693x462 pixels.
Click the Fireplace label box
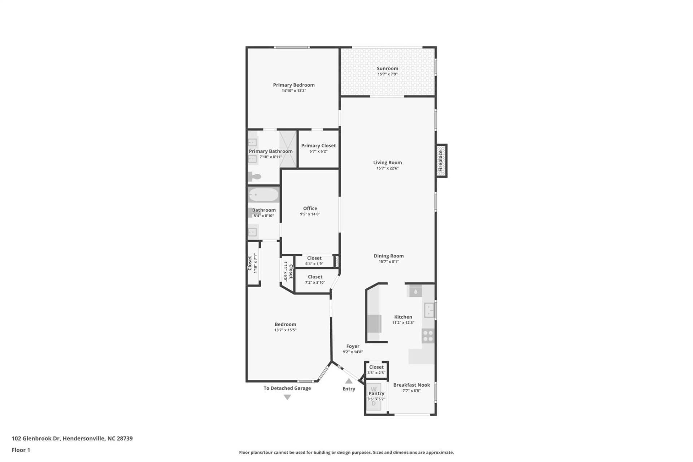coord(441,161)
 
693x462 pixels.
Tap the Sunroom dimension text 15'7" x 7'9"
coord(387,74)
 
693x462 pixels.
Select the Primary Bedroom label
coord(293,85)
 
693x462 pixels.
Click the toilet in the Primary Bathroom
coord(254,176)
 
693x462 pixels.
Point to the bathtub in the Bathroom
coord(263,195)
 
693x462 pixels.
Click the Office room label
coord(310,208)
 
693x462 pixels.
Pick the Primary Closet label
coord(318,145)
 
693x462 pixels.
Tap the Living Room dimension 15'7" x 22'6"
coord(387,168)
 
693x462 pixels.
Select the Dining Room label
coord(388,256)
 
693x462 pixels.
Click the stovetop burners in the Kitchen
coord(428,336)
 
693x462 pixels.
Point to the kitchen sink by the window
coord(429,310)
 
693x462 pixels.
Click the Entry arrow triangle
coord(348,381)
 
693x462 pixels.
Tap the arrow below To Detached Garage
coord(287,397)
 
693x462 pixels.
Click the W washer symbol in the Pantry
coord(374,389)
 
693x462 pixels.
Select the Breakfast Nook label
coord(411,385)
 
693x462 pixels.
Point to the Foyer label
coord(353,346)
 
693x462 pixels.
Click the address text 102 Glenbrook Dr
coord(36,439)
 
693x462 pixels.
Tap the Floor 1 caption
coord(21,450)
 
